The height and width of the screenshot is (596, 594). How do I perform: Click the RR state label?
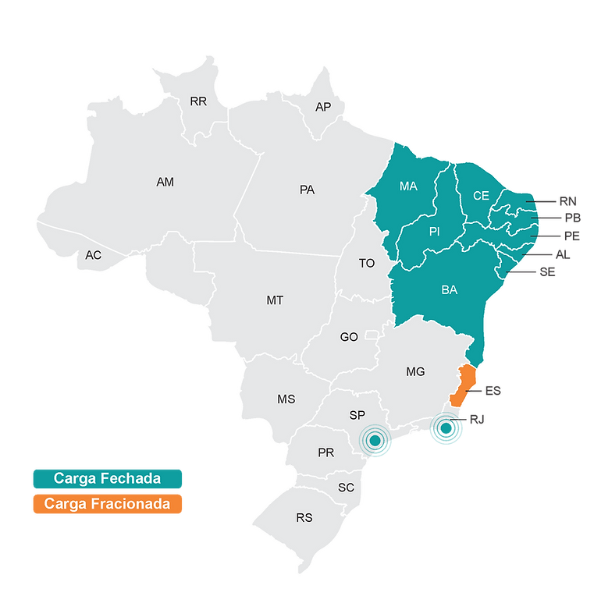point(198,101)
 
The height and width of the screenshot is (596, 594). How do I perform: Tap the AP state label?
point(323,107)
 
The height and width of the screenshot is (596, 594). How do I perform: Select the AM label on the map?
point(165,182)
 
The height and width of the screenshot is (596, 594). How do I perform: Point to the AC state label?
point(94,255)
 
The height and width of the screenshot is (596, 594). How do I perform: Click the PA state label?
point(307,190)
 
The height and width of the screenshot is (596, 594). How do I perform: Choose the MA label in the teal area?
point(408,186)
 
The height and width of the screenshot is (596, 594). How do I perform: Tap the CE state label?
point(481,196)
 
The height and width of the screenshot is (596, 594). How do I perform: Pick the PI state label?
point(436,232)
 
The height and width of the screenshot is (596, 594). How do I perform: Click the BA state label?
point(450,290)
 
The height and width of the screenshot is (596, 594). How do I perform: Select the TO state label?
point(367,264)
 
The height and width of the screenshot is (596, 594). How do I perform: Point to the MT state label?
point(275,300)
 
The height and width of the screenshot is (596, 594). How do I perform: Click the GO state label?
point(349,337)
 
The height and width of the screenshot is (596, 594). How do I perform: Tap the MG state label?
point(415,372)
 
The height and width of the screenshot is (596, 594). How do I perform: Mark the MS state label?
point(286,399)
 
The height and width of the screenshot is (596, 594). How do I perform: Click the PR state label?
point(326,452)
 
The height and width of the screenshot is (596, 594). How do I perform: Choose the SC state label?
point(347,488)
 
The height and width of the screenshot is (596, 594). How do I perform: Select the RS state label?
point(304,517)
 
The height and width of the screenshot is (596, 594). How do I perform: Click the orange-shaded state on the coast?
point(464,385)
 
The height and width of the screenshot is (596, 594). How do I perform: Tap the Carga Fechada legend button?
point(107,477)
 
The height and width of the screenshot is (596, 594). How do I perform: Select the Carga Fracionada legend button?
point(107,504)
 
